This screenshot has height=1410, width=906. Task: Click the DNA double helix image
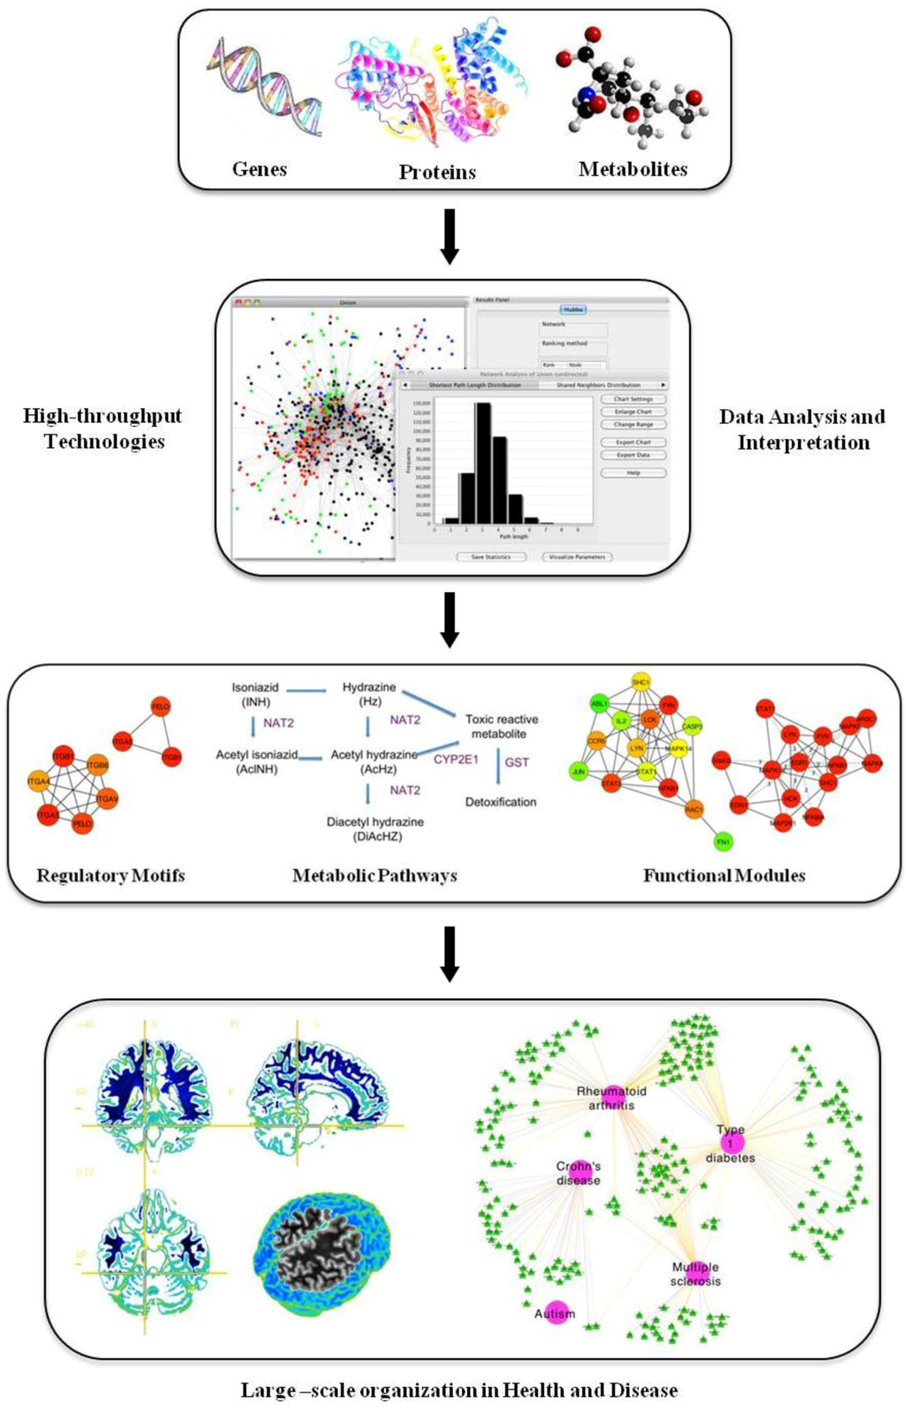264,87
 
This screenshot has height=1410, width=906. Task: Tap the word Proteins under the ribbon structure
437,172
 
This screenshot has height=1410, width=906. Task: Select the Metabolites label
633,169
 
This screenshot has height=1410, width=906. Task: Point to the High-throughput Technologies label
104,428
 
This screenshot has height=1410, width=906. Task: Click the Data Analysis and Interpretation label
802,429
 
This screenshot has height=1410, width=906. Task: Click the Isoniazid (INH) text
255,694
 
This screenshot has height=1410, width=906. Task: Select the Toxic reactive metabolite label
501,727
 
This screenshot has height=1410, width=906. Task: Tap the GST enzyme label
517,762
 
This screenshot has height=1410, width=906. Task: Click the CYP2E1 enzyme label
456,759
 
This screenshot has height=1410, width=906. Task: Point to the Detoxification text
501,802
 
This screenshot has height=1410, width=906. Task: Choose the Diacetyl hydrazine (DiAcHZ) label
375,828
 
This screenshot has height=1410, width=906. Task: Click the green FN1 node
723,842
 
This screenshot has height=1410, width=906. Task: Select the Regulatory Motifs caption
111,875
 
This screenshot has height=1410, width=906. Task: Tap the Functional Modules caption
724,875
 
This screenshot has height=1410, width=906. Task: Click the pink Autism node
556,1313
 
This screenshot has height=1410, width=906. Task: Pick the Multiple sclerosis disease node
695,1272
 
